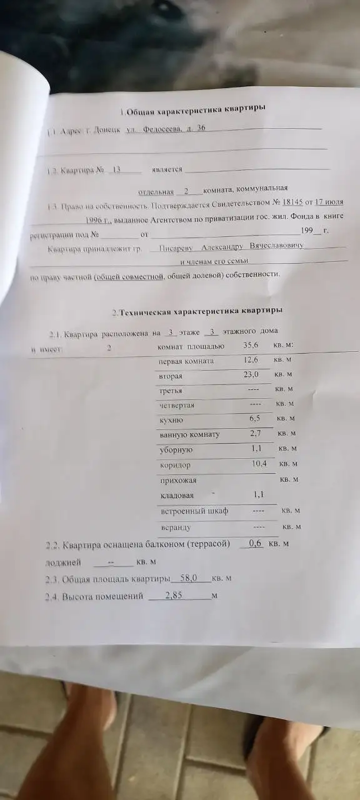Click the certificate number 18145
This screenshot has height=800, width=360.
pyautogui.click(x=292, y=203)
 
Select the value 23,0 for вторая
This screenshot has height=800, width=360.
pyautogui.click(x=251, y=374)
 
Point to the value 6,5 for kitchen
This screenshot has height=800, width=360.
pyautogui.click(x=254, y=418)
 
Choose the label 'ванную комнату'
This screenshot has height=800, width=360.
pyautogui.click(x=190, y=434)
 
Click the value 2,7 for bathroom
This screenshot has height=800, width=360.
pyautogui.click(x=255, y=432)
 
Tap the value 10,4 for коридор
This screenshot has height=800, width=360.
pyautogui.click(x=258, y=463)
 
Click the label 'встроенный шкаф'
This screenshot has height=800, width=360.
pyautogui.click(x=194, y=511)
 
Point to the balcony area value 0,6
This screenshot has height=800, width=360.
pyautogui.click(x=254, y=544)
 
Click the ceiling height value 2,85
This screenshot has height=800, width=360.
pyautogui.click(x=173, y=596)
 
